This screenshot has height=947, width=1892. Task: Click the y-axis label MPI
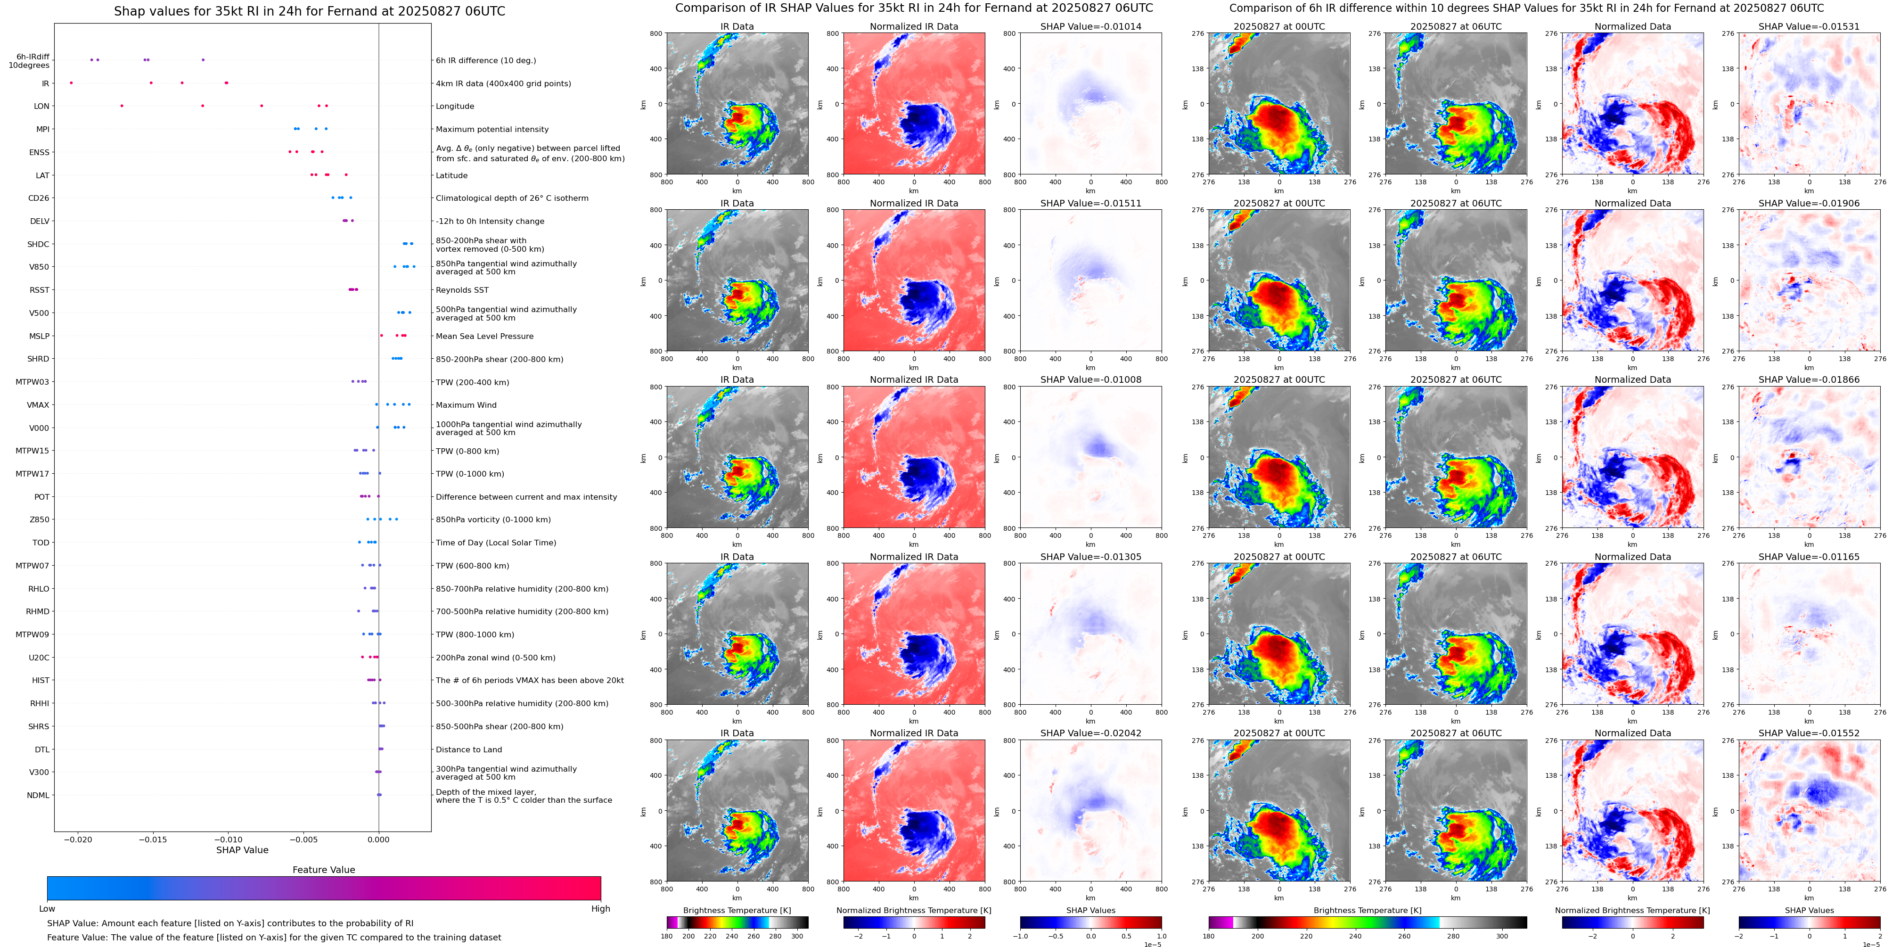[x=42, y=129]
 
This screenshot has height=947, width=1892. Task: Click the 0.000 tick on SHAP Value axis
[x=378, y=839]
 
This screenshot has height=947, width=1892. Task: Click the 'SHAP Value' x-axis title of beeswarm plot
[x=242, y=850]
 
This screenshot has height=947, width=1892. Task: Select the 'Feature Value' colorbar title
[x=323, y=870]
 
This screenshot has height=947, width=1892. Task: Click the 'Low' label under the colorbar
[x=47, y=909]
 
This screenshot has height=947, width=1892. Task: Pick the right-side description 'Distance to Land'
[x=468, y=749]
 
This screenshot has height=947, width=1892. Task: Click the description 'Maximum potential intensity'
[x=492, y=129]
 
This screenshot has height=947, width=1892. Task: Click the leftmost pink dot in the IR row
[x=71, y=83]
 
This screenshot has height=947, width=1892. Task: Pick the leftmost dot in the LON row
[x=122, y=106]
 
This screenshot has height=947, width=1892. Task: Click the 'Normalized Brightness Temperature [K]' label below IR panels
[x=914, y=910]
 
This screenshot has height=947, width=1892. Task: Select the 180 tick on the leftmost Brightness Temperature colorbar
[x=667, y=936]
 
